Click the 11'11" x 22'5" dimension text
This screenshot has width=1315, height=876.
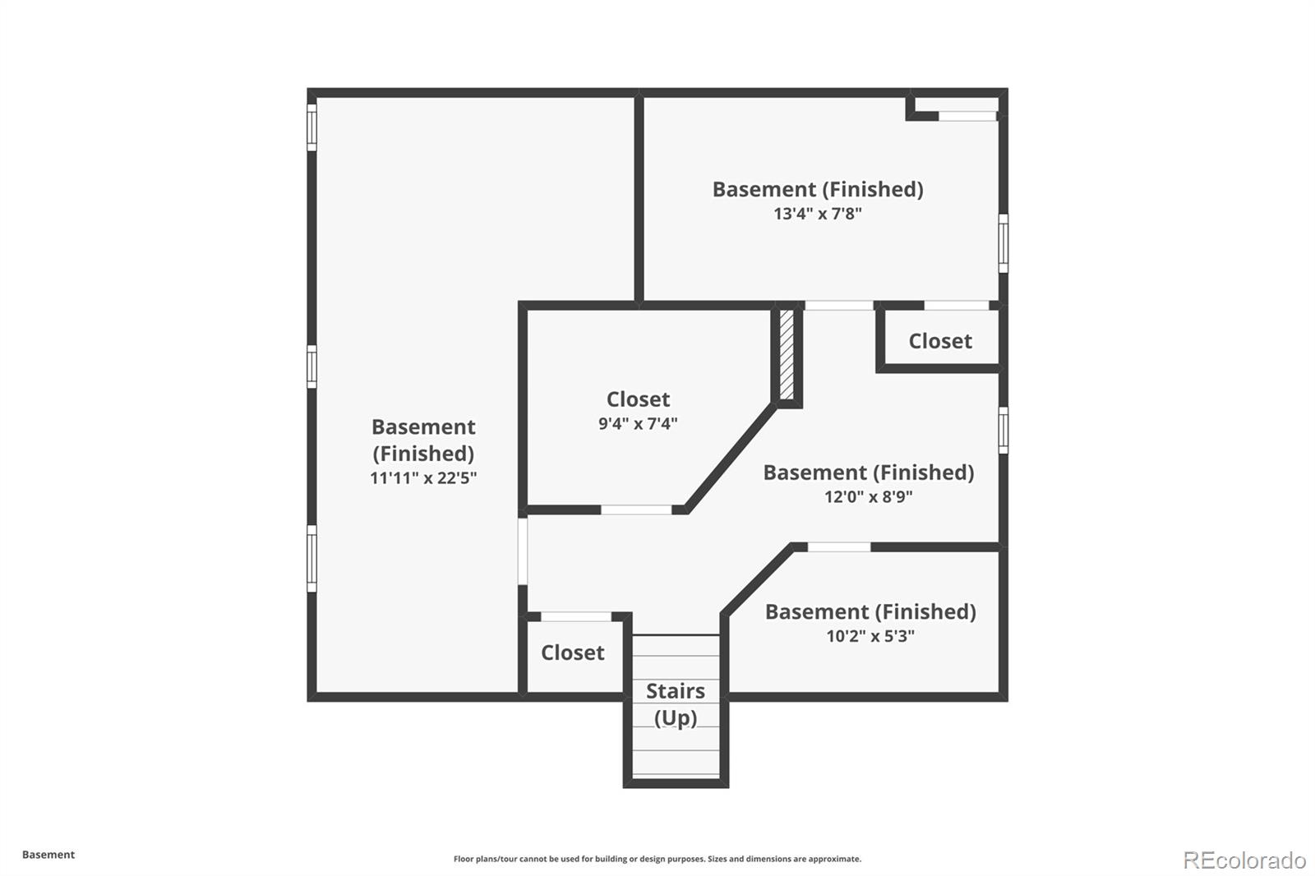[423, 478]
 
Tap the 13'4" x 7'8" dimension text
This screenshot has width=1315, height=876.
[818, 213]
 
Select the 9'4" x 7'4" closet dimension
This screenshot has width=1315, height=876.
[638, 423]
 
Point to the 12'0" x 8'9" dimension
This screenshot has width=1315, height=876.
[868, 496]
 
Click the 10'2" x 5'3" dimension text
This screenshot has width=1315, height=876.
[870, 636]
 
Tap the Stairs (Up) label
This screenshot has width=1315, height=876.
[676, 704]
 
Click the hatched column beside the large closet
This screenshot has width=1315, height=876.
[787, 354]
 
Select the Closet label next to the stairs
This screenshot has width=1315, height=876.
[572, 652]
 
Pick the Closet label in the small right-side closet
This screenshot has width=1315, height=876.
[940, 341]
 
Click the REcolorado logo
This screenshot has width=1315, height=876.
[1245, 860]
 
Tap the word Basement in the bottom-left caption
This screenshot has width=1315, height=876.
[48, 855]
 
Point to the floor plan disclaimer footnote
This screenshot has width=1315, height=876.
[657, 859]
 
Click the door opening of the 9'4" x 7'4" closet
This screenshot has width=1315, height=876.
[636, 509]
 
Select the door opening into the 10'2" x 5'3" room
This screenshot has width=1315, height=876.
[839, 546]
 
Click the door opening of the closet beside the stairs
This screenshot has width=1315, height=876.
[576, 616]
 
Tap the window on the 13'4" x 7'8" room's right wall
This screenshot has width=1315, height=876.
[1004, 243]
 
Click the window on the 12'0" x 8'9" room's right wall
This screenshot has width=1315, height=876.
[1004, 431]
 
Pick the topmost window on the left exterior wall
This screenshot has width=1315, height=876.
[311, 127]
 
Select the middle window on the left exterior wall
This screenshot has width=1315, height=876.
[311, 367]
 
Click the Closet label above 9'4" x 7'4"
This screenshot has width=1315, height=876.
[638, 399]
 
